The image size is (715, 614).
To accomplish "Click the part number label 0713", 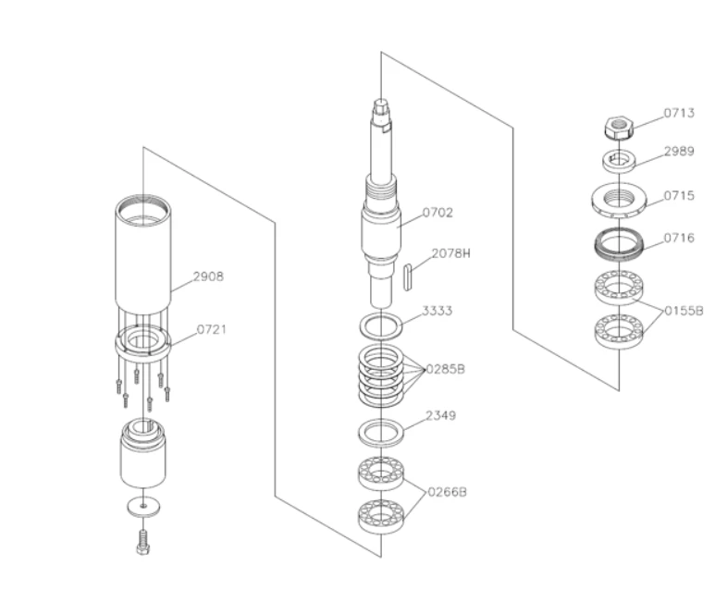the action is point(679,113).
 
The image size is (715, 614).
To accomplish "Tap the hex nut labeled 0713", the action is point(619,129).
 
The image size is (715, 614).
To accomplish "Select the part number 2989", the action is point(679,152).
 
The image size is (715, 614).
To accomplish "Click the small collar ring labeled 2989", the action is point(619,161).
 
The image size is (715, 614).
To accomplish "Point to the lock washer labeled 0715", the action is point(619,200).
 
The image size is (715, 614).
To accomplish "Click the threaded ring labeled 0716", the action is point(619,244).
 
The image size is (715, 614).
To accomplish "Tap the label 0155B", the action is point(684,311).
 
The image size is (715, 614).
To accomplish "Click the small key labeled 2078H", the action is point(408,276).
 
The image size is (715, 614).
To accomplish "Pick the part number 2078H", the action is point(450,253).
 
